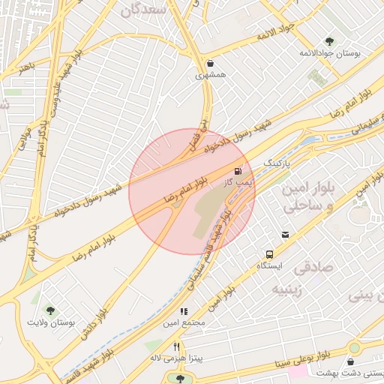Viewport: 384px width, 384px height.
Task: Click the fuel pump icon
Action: (x=240, y=171)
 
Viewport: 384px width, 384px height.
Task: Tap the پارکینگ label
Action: (x=276, y=163)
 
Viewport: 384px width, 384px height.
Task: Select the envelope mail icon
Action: (x=284, y=235)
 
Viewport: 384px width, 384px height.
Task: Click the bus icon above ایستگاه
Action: (x=269, y=254)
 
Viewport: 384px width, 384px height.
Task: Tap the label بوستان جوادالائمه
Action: (x=330, y=54)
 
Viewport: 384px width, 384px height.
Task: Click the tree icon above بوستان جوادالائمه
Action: (x=329, y=40)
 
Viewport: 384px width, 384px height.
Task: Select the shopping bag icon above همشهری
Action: (x=209, y=63)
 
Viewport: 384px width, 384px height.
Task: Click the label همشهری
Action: (x=209, y=75)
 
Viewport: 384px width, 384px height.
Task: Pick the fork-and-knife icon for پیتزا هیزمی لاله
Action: (x=176, y=346)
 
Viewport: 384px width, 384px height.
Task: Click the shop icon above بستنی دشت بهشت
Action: (x=350, y=362)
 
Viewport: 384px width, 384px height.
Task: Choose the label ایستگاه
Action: (x=269, y=266)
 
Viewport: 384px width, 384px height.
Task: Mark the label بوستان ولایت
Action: (x=51, y=322)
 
